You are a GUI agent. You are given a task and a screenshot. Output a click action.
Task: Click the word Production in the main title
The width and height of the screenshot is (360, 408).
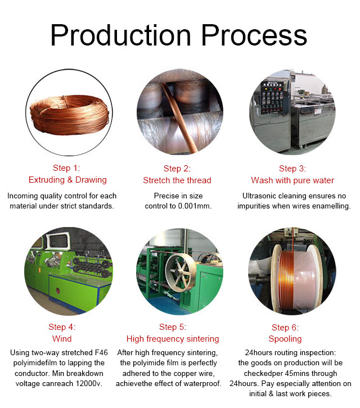click(x=121, y=35)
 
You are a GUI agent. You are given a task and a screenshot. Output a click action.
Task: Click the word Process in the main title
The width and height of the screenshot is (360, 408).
click(x=254, y=35)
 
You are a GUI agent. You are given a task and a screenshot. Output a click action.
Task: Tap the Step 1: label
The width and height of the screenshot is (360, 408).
click(x=66, y=168)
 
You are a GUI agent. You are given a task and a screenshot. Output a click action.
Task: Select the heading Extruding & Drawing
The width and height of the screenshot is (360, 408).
click(x=67, y=180)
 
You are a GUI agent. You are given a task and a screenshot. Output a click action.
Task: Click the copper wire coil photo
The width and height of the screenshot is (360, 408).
click(x=69, y=115)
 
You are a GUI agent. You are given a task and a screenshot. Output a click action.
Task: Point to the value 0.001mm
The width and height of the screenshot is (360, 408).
click(x=195, y=206)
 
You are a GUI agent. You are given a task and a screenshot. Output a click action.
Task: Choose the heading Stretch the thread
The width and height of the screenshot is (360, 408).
click(x=177, y=180)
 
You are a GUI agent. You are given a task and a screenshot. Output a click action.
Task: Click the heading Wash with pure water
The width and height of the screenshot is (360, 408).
click(x=292, y=180)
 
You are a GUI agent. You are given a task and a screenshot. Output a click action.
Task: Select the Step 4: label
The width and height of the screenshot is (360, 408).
click(x=62, y=327)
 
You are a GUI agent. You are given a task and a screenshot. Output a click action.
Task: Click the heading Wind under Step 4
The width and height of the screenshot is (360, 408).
click(x=62, y=339)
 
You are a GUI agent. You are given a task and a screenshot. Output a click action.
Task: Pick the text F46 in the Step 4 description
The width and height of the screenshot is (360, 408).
click(x=101, y=352)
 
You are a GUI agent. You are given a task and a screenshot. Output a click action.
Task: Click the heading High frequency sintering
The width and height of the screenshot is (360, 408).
click(x=173, y=339)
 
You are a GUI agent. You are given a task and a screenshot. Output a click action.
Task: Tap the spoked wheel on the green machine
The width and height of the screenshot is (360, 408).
click(x=181, y=273)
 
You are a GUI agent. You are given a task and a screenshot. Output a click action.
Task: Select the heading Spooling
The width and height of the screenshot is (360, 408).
click(x=285, y=339)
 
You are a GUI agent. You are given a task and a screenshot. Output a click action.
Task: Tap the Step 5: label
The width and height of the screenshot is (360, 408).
click(x=173, y=327)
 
